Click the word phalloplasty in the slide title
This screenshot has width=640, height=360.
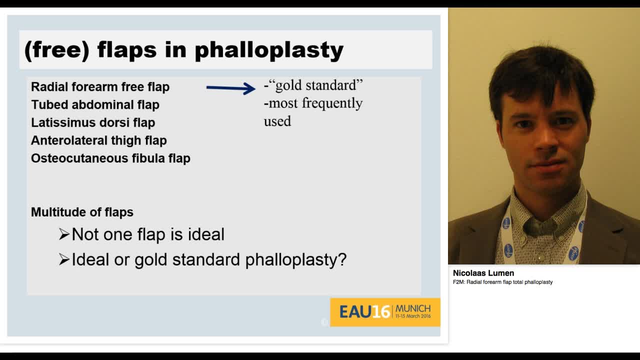tap(269, 50)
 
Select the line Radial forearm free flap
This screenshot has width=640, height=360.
tap(100, 87)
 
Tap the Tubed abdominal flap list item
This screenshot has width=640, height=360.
tap(95, 104)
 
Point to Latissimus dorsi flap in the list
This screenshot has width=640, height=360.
tap(93, 122)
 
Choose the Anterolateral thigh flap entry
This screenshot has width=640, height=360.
tap(99, 140)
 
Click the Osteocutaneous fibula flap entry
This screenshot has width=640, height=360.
tap(110, 158)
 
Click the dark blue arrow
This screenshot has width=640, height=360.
tap(231, 88)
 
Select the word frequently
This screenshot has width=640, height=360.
tap(332, 103)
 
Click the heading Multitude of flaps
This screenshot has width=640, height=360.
tap(82, 212)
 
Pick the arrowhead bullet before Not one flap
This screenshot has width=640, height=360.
tap(64, 234)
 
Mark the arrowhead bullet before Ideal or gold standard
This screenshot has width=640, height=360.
tap(64, 259)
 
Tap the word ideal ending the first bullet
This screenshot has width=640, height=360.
tap(206, 234)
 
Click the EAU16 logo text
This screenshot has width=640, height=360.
tap(364, 311)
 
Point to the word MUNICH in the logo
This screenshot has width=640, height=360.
tap(413, 309)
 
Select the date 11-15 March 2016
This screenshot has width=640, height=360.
tap(413, 316)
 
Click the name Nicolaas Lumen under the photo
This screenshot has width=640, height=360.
tap(483, 273)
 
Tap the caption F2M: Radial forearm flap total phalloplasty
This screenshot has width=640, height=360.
tap(503, 282)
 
